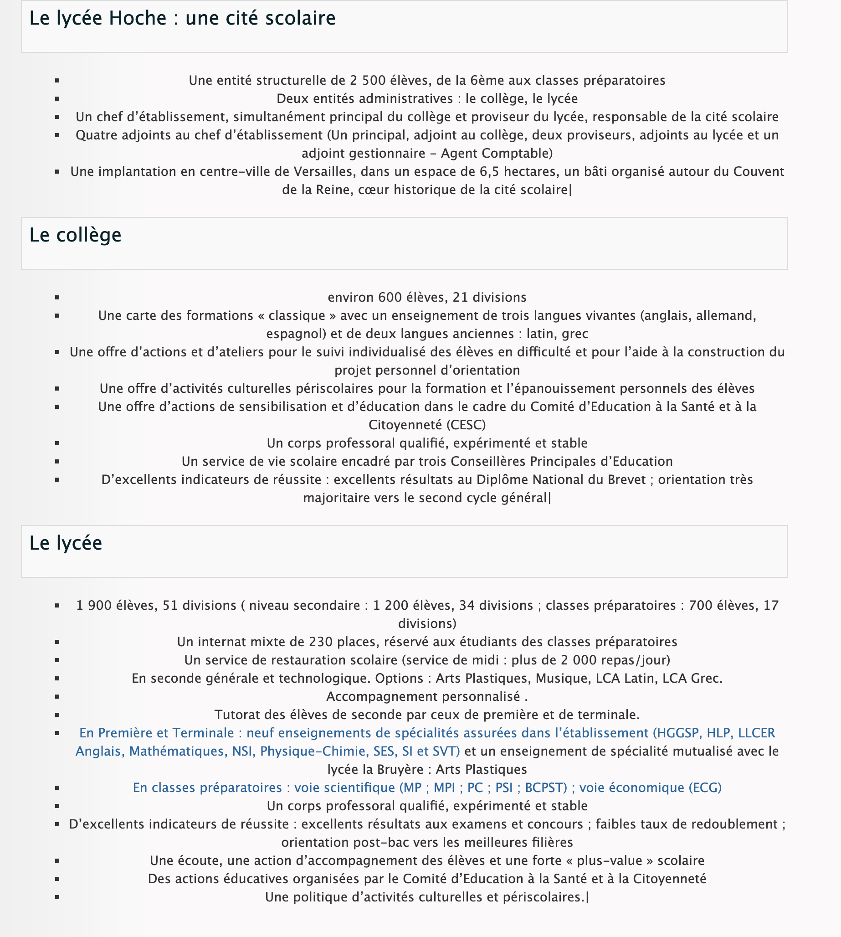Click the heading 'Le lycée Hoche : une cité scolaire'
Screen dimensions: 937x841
click(182, 19)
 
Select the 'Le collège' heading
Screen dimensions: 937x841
click(75, 235)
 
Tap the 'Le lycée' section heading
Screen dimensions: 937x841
click(66, 543)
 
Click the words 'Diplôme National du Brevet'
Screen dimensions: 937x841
click(561, 479)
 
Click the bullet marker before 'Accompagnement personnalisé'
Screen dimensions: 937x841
click(57, 697)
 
